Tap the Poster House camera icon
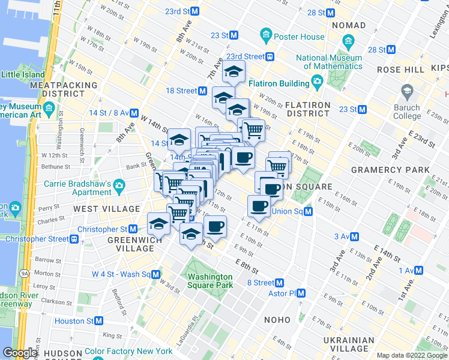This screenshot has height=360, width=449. click(x=265, y=36)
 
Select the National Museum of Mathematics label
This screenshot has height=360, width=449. click(x=328, y=62)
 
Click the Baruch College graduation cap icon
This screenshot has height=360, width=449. click(x=407, y=92)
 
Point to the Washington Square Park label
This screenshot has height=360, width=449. click(x=209, y=281)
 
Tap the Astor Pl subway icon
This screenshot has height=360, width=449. click(x=301, y=293)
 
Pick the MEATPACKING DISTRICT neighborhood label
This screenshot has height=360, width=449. click(x=64, y=89)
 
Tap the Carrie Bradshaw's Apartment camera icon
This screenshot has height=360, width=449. click(x=119, y=184)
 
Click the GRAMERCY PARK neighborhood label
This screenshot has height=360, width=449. click(x=390, y=170)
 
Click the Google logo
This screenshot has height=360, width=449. click(x=20, y=353)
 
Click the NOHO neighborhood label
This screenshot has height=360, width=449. click(x=285, y=320)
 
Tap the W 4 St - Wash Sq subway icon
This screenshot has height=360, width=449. click(x=155, y=274)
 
